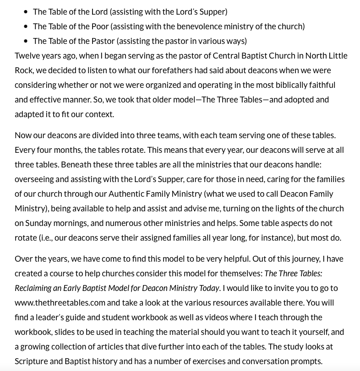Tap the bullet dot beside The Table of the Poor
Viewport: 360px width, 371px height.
[x=26, y=27]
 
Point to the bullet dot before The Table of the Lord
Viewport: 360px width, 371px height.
[x=26, y=12]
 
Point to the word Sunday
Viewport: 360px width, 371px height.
[x=38, y=223]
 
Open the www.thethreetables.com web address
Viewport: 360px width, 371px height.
[x=60, y=302]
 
